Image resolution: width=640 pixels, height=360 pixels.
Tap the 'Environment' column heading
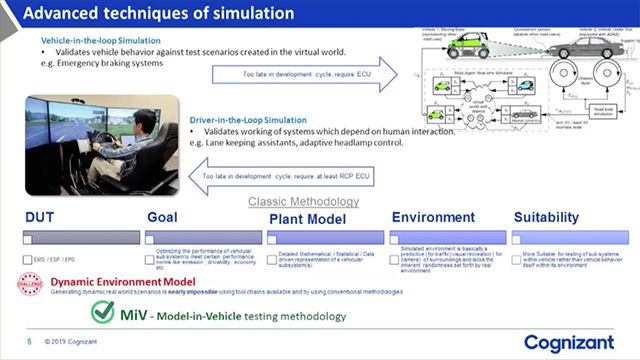click(x=433, y=217)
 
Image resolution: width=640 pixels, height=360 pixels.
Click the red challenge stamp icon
click(x=31, y=285)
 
